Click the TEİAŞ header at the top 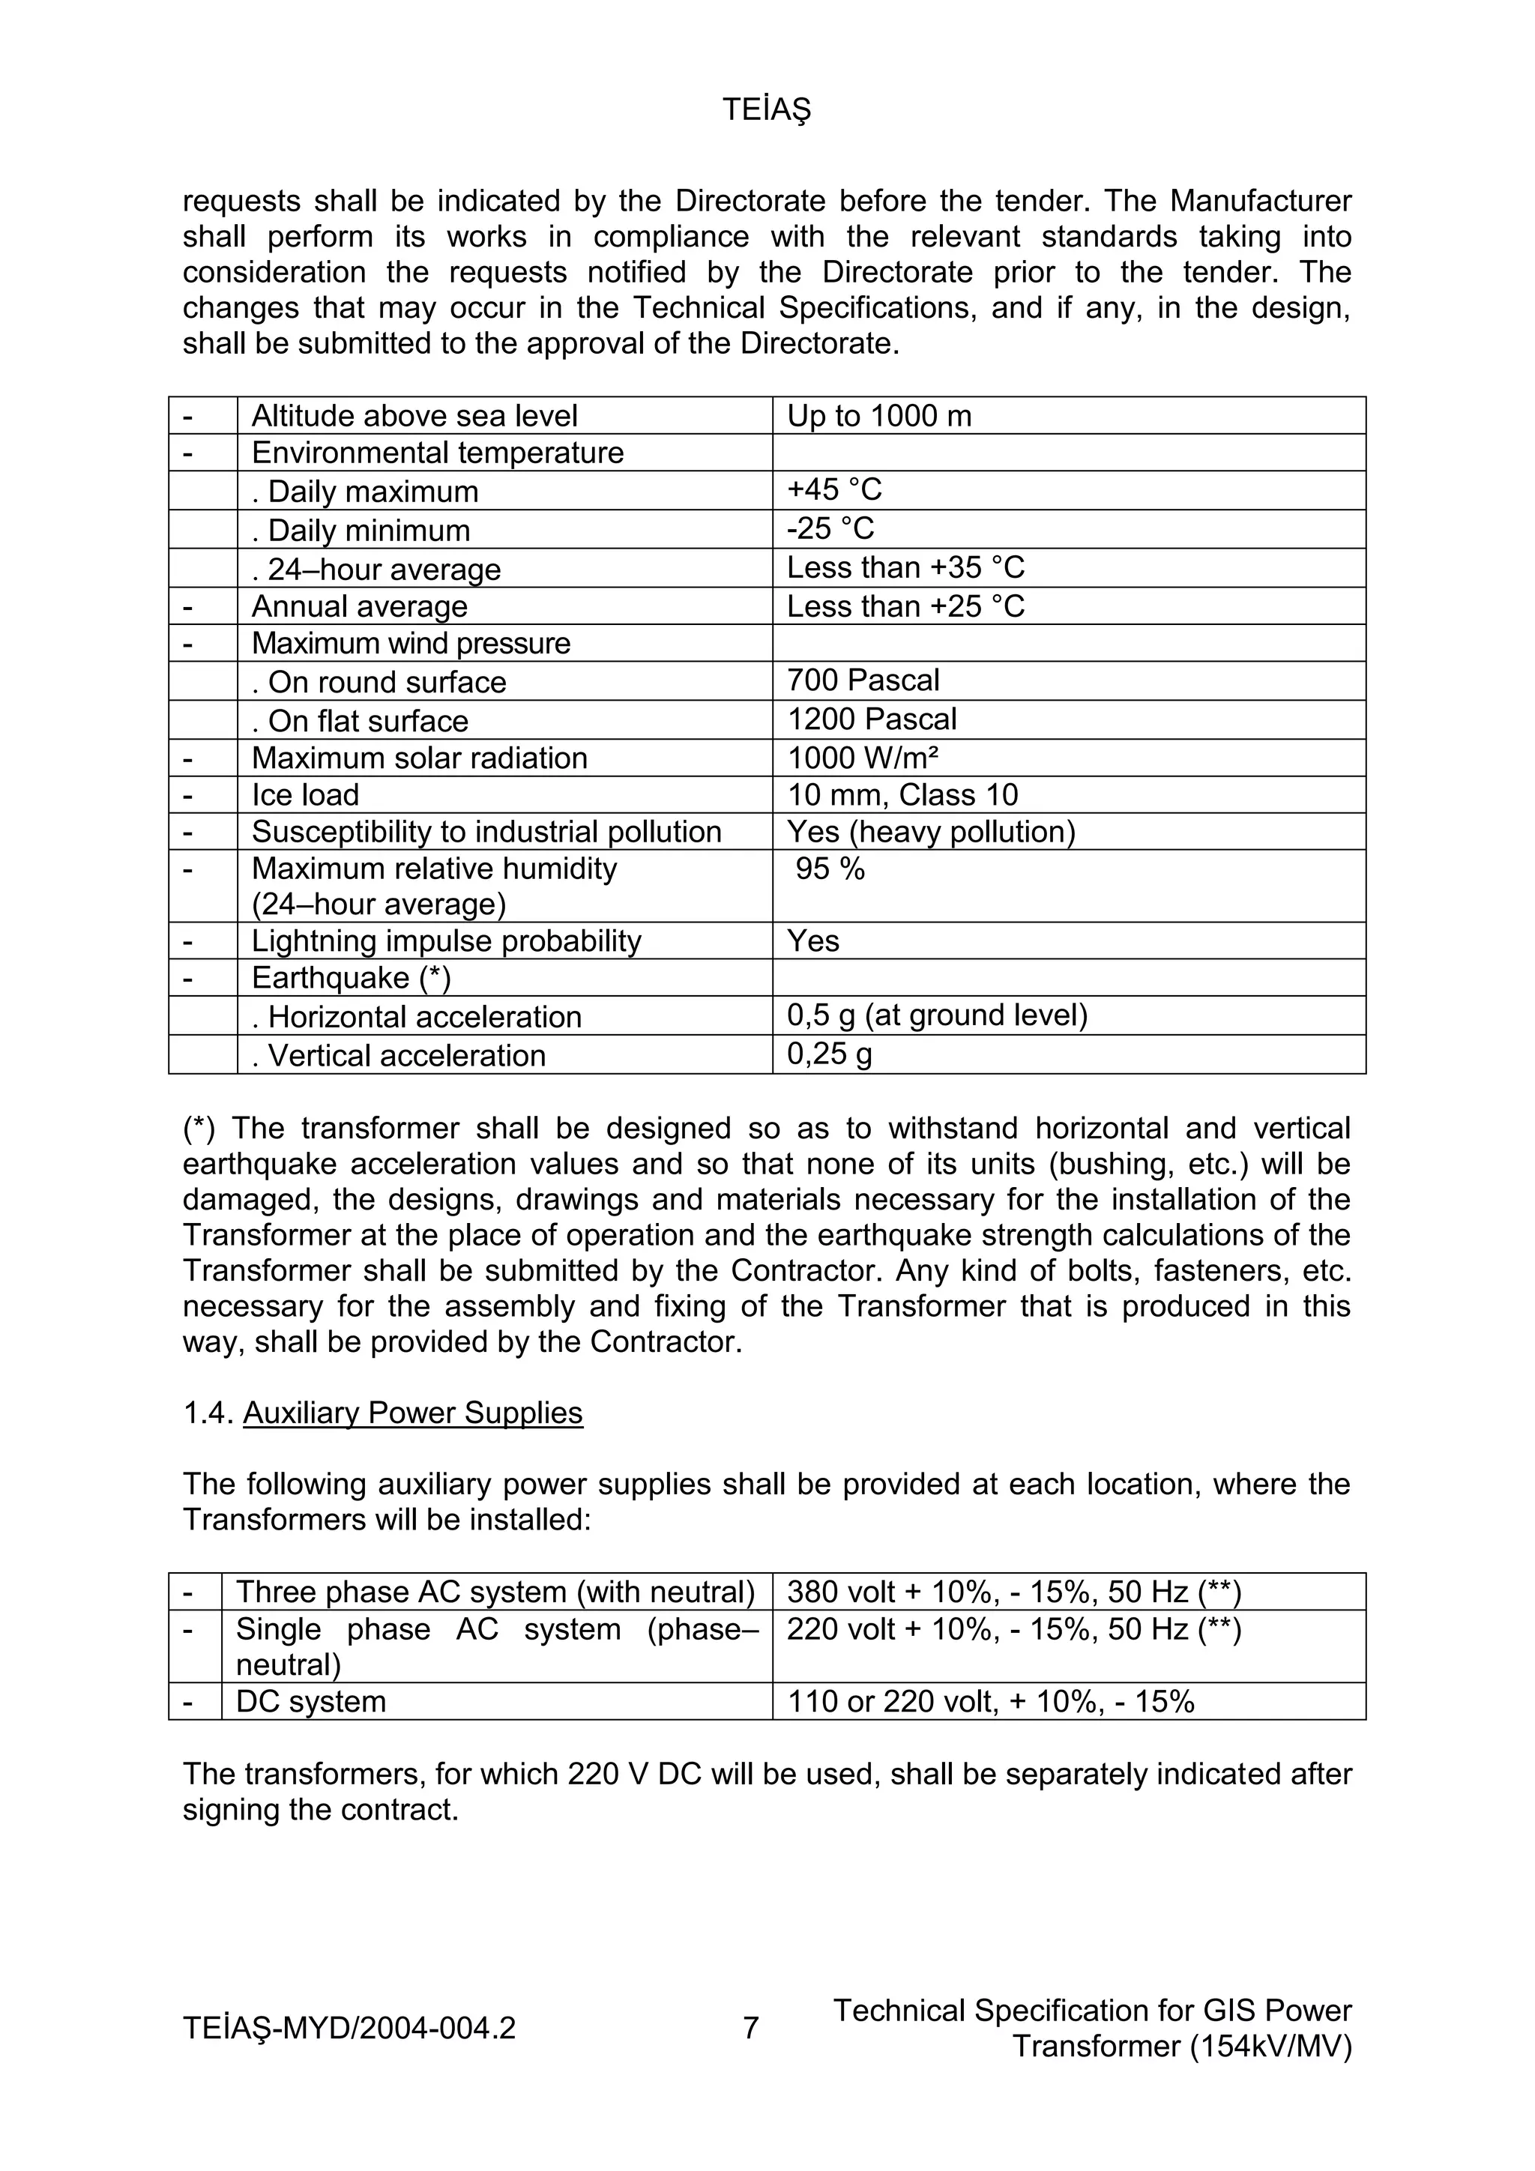pyautogui.click(x=766, y=111)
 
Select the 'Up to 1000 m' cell pyautogui.click(x=878, y=416)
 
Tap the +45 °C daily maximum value pyautogui.click(x=833, y=490)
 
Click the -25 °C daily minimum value pyautogui.click(x=830, y=528)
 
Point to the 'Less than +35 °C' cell pyautogui.click(x=905, y=567)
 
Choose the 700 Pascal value pyautogui.click(x=863, y=680)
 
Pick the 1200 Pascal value pyautogui.click(x=871, y=719)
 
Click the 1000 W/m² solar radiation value pyautogui.click(x=863, y=758)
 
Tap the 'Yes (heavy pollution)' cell pyautogui.click(x=931, y=832)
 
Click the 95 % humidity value pyautogui.click(x=830, y=869)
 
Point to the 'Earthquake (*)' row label pyautogui.click(x=351, y=978)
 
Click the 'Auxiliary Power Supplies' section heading pyautogui.click(x=412, y=1413)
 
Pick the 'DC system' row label pyautogui.click(x=310, y=1701)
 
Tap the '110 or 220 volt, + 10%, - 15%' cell pyautogui.click(x=990, y=1701)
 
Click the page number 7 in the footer pyautogui.click(x=750, y=2028)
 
